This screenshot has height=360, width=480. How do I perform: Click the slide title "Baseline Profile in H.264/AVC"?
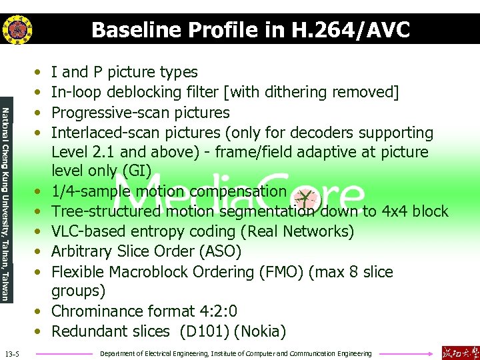[x=250, y=30]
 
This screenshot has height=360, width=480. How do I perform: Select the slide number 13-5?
[x=13, y=353]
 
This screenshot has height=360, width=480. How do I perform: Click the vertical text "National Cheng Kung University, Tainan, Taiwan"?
[x=5, y=204]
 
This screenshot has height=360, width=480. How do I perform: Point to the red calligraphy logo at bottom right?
[x=460, y=352]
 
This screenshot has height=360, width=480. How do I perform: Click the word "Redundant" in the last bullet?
[x=85, y=331]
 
